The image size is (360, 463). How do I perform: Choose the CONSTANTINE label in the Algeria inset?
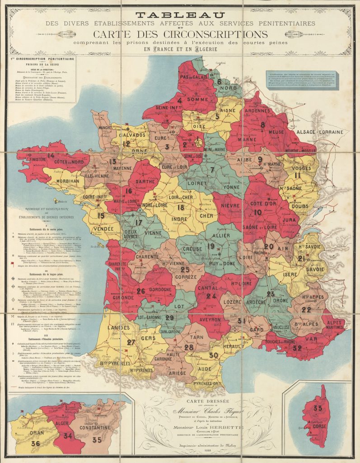click(95, 427)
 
